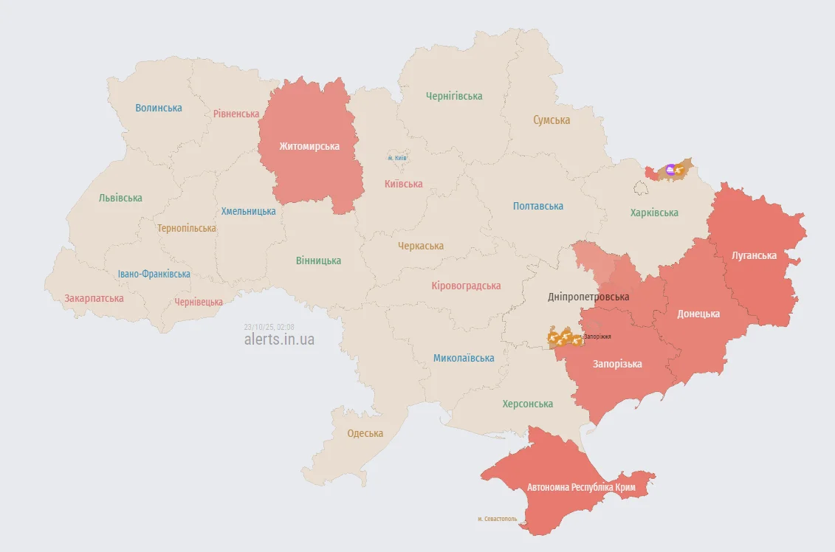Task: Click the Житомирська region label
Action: click(309, 146)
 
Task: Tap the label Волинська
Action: click(159, 108)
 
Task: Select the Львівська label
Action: click(120, 198)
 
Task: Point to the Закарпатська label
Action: click(94, 299)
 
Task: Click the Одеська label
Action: click(365, 433)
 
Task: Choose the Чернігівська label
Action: click(454, 96)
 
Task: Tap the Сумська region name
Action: click(551, 120)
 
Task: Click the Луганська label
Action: click(754, 255)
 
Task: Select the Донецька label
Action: click(698, 314)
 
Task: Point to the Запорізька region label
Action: click(617, 364)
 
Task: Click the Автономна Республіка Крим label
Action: click(580, 488)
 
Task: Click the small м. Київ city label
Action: click(397, 158)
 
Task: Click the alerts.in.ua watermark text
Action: click(279, 339)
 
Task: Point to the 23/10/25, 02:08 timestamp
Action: click(269, 327)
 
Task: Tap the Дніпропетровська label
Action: click(588, 297)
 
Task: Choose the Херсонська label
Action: click(527, 404)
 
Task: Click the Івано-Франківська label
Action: click(154, 274)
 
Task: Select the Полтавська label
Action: click(538, 207)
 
